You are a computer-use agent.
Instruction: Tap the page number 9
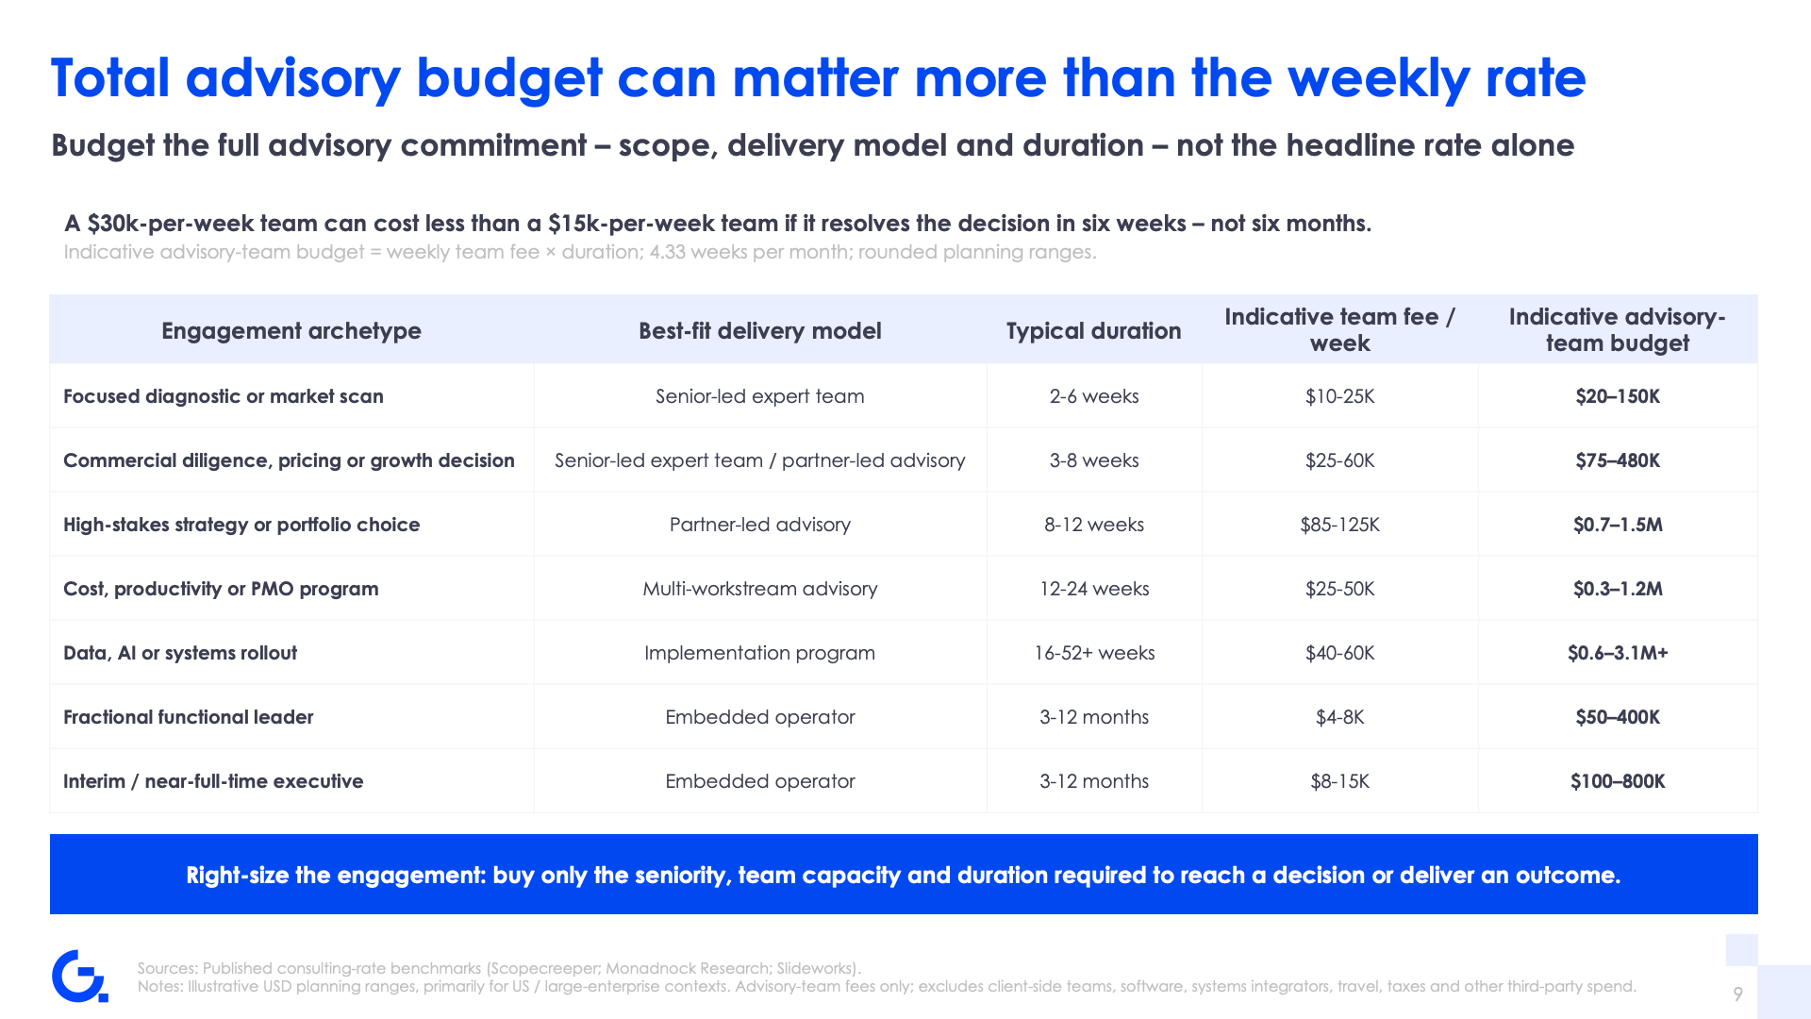tap(1737, 994)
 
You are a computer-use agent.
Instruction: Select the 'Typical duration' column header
tap(1093, 331)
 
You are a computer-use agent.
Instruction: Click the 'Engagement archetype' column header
tap(291, 331)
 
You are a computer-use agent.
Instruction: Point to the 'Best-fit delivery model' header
tap(760, 331)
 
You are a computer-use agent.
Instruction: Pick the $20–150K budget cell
tap(1618, 396)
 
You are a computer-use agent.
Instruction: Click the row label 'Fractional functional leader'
tap(189, 717)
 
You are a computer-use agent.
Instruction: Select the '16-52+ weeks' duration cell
tap(1094, 653)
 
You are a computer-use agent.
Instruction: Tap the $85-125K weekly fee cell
tap(1339, 525)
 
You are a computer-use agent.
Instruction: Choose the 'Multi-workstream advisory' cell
tap(760, 589)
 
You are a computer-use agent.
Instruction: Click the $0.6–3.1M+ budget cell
tap(1618, 653)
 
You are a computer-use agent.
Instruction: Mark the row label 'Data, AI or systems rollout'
tap(180, 653)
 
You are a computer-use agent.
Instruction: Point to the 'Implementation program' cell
tap(760, 653)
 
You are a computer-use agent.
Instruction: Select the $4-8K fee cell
tap(1339, 717)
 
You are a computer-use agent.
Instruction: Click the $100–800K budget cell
tap(1618, 781)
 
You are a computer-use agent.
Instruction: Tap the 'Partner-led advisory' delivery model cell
tap(760, 525)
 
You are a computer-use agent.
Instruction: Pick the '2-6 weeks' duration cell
tap(1094, 396)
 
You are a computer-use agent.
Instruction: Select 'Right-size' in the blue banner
tap(238, 875)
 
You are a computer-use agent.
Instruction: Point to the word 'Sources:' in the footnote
tap(167, 968)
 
